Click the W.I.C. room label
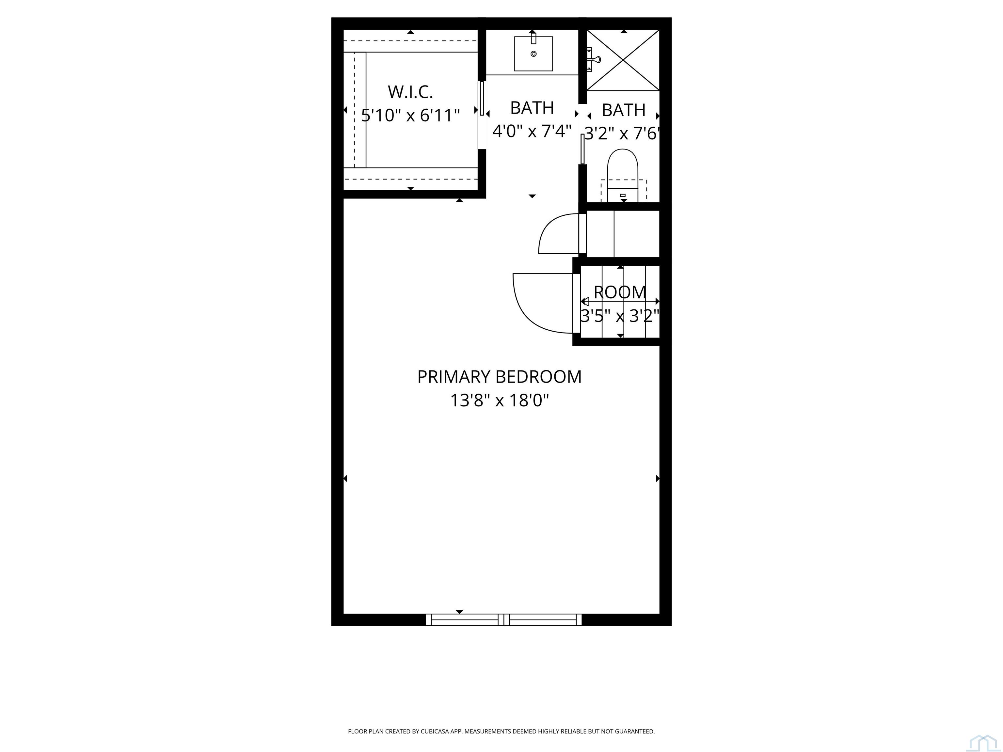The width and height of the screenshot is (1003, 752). (410, 92)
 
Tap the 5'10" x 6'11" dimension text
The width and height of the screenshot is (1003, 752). (410, 115)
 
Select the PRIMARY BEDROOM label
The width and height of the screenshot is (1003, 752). (499, 377)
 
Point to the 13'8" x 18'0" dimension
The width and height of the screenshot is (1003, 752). (499, 400)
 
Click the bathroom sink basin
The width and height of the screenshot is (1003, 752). (533, 54)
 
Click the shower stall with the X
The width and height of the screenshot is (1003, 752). (623, 60)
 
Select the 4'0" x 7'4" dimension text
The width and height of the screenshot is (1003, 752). (532, 131)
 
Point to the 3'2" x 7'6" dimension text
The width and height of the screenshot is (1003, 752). (622, 133)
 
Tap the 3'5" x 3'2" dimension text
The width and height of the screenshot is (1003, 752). (620, 316)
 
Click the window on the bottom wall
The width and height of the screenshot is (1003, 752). (504, 619)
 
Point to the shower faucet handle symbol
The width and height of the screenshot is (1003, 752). (594, 59)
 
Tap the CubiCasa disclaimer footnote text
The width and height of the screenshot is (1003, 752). (501, 706)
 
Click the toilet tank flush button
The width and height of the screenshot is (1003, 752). (623, 196)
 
